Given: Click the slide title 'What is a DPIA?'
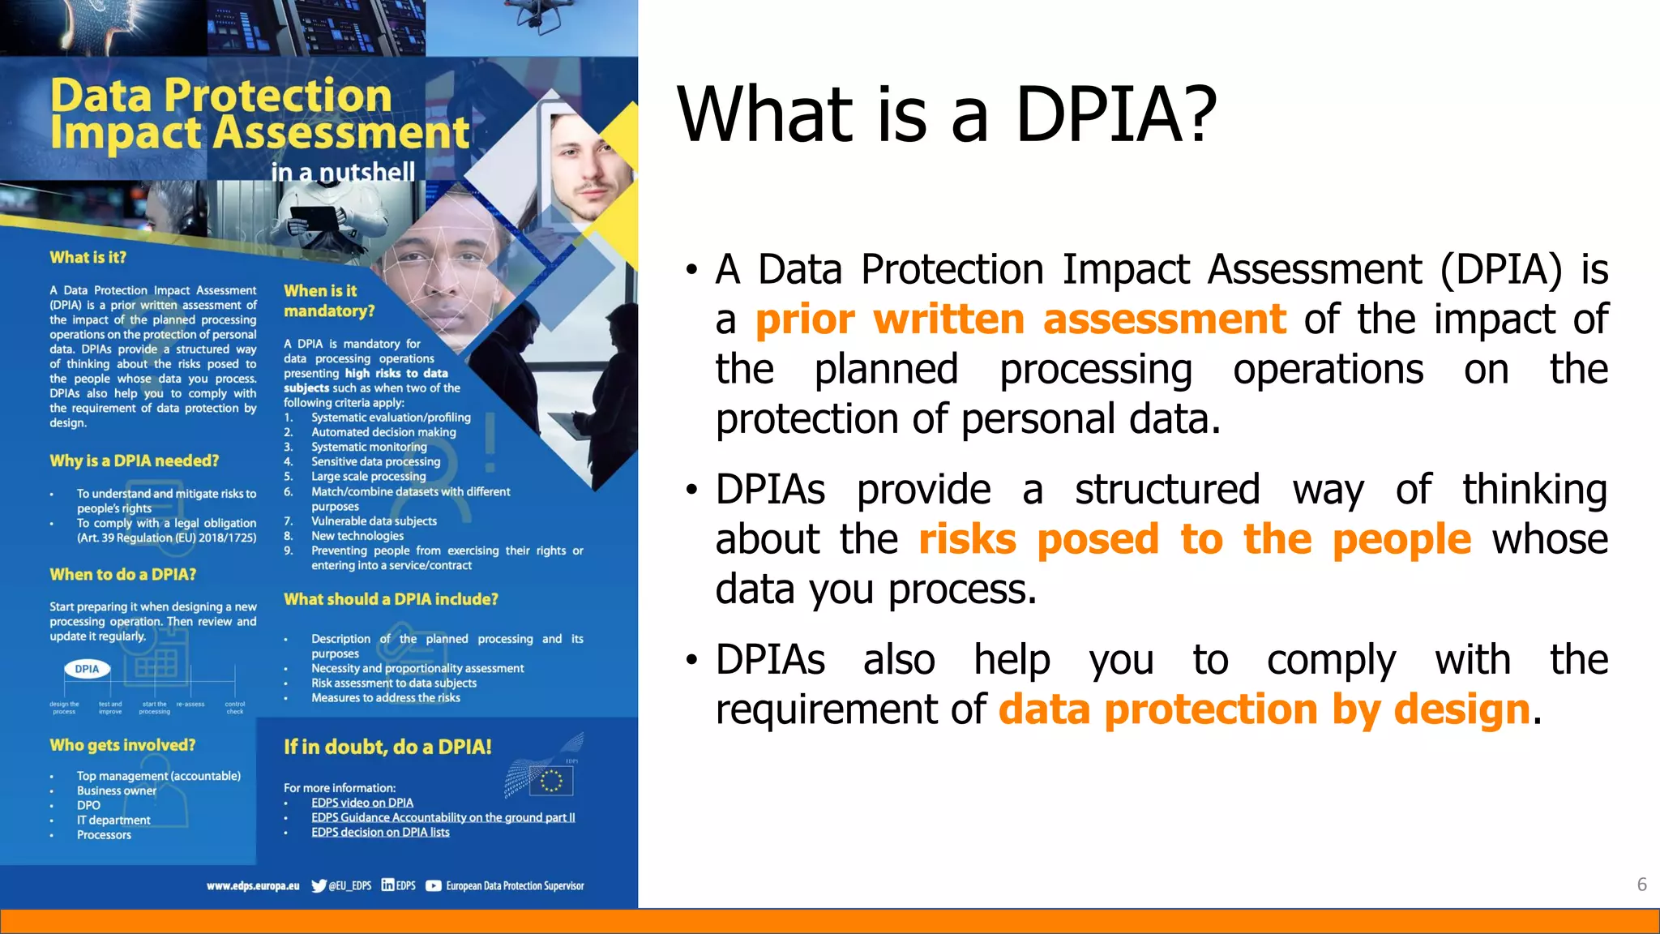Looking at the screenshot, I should (x=947, y=114).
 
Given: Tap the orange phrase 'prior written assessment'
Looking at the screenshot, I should (x=1020, y=319).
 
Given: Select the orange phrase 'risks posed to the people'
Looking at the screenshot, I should (x=1194, y=539).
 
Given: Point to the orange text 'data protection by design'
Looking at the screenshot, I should (x=1264, y=709).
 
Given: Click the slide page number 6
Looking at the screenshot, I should (x=1641, y=885).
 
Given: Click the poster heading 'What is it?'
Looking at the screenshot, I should (x=88, y=258).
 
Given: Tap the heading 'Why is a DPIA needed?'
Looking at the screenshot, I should (x=134, y=461).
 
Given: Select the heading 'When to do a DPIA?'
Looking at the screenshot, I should (x=122, y=575).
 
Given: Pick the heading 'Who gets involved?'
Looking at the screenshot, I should (x=122, y=745).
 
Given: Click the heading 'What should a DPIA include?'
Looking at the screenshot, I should (x=391, y=599).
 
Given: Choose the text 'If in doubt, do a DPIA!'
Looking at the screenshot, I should (x=387, y=747).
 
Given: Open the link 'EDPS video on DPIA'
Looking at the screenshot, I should (x=362, y=803).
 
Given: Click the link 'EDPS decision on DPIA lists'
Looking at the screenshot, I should (x=380, y=832).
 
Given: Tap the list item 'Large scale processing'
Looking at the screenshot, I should (x=368, y=477).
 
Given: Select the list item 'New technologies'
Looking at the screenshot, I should (x=357, y=536).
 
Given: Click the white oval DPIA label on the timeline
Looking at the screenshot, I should (x=87, y=669).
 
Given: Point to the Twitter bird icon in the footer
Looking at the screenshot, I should (x=319, y=885).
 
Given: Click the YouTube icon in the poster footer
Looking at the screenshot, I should (x=434, y=885).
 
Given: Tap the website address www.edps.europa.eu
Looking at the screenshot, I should (x=253, y=885).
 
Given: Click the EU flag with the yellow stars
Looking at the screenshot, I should (x=551, y=781).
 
